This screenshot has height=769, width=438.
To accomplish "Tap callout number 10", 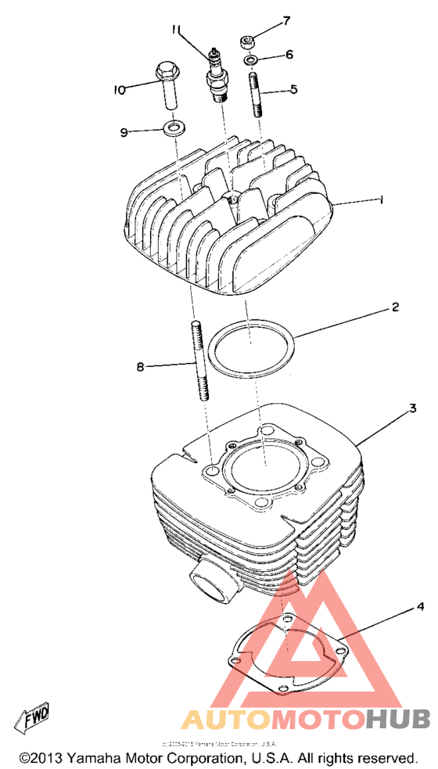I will [118, 90].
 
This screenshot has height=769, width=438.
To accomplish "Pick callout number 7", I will [286, 20].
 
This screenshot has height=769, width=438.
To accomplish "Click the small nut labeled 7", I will [249, 40].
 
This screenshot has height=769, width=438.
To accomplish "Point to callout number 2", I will [396, 308].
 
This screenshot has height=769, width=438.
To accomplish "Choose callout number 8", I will [141, 366].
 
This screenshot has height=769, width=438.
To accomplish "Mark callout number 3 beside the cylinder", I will [411, 409].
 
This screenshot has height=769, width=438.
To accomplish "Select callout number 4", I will [420, 606].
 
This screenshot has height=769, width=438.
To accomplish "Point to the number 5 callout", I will [293, 89].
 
